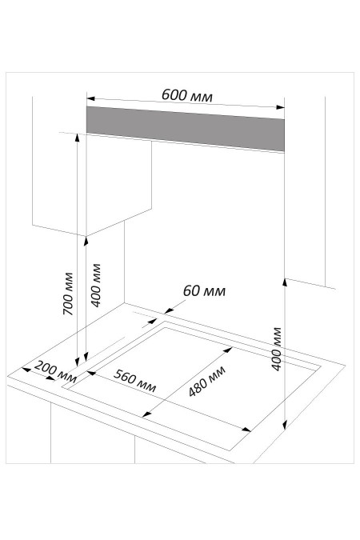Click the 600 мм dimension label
click(187, 95)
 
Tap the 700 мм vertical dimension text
click(68, 294)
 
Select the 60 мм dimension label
click(204, 291)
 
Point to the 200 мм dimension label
click(55, 372)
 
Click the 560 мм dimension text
click(134, 381)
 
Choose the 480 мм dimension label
click(207, 381)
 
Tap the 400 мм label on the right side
click(277, 349)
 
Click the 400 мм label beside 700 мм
click(95, 285)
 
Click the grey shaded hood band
click(186, 129)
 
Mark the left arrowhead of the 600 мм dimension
click(90, 98)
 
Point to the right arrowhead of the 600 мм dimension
click(281, 107)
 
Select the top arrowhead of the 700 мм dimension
click(77, 138)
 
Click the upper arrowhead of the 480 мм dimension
click(229, 350)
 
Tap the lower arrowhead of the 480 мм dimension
click(146, 414)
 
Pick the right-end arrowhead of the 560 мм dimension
click(246, 429)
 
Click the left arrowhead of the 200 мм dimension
click(26, 370)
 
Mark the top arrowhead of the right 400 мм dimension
click(285, 282)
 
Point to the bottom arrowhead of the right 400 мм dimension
click(285, 426)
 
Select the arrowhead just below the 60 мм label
click(168, 311)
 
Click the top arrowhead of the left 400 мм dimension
click(86, 242)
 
